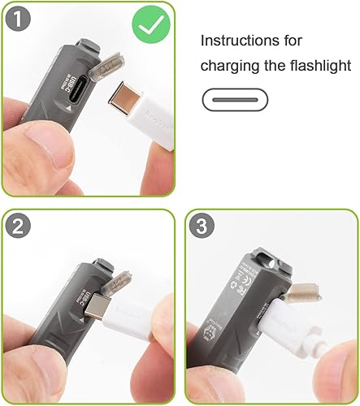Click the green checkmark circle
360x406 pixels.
point(151,25)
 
